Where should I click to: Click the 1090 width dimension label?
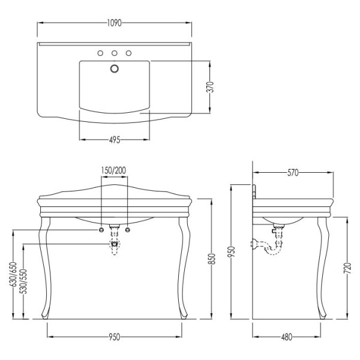[114, 23]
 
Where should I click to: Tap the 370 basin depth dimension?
[211, 87]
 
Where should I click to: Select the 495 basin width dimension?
[115, 140]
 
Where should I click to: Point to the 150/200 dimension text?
[113, 170]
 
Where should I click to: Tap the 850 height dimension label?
[212, 259]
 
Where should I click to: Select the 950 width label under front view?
[115, 337]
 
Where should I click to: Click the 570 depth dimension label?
[293, 173]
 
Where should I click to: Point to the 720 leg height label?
[347, 268]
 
